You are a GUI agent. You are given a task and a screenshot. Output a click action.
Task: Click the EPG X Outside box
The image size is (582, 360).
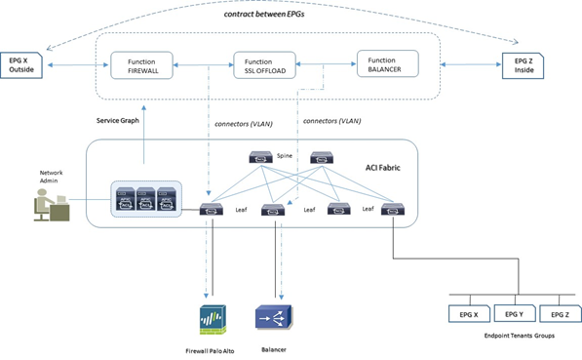22,66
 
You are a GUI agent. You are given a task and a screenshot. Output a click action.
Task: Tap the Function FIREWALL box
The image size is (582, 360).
141,66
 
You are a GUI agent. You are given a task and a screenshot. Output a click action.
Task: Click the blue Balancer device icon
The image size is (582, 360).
273,318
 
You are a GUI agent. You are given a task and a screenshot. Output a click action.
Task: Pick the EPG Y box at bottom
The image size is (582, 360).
513,314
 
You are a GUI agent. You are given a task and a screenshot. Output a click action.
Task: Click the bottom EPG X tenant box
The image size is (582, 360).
467,314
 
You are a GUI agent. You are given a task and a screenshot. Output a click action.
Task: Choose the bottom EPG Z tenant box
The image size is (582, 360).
560,314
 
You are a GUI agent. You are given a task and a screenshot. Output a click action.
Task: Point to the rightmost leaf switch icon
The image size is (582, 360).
394,208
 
